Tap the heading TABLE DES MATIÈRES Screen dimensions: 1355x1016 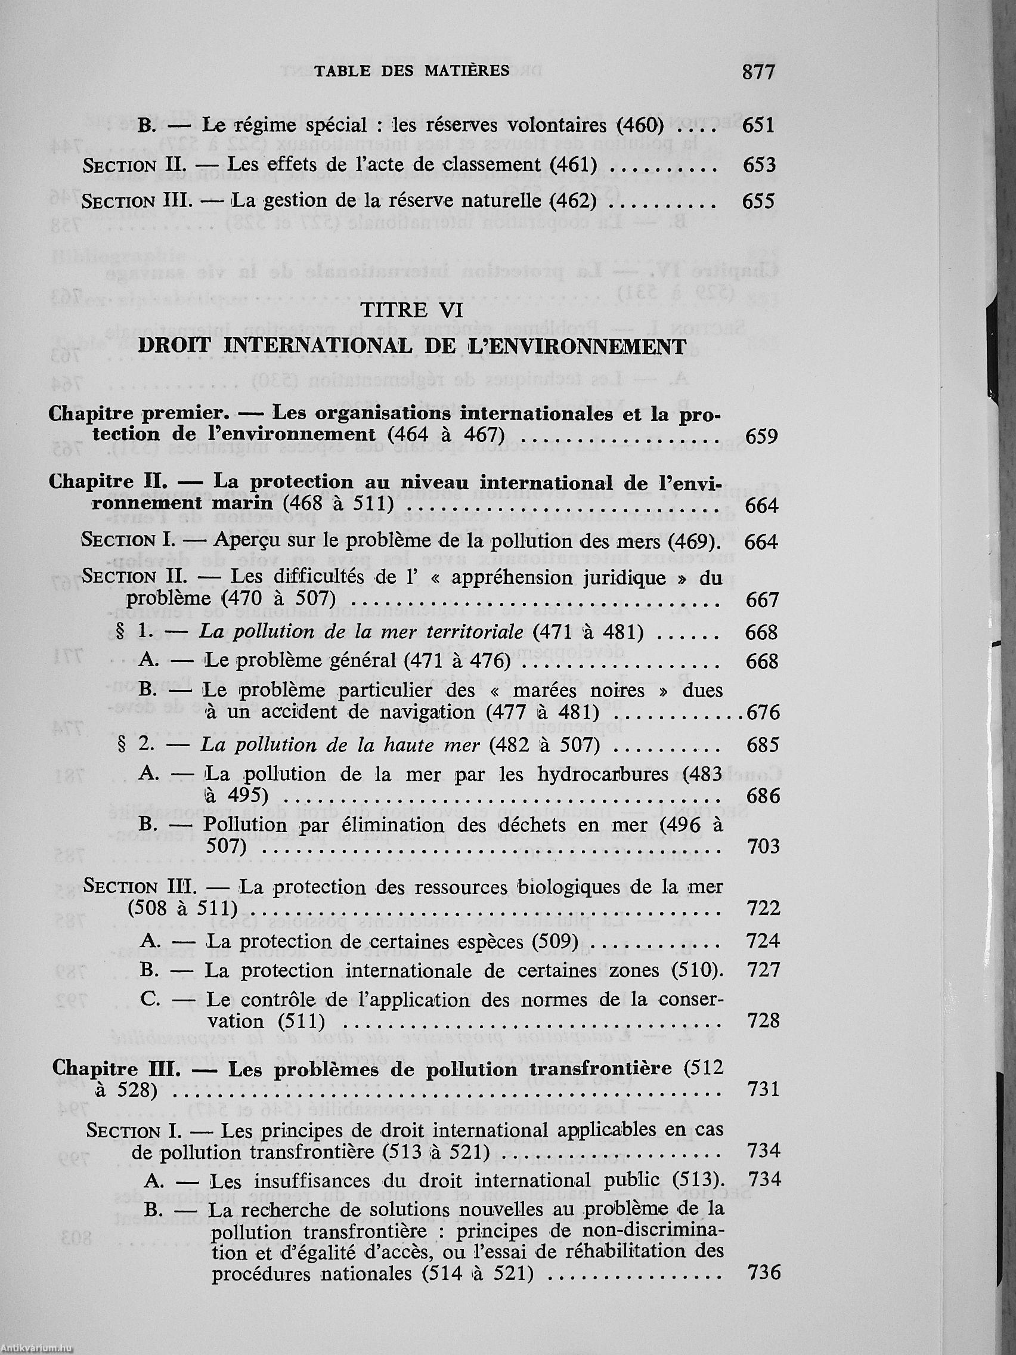pyautogui.click(x=411, y=71)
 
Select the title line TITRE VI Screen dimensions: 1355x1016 pyautogui.click(x=411, y=310)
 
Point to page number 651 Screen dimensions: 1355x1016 pyautogui.click(x=758, y=126)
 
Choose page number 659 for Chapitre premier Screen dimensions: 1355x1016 pyautogui.click(x=762, y=436)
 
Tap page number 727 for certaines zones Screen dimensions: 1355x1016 pyautogui.click(x=764, y=971)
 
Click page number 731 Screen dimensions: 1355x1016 pyautogui.click(x=764, y=1089)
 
